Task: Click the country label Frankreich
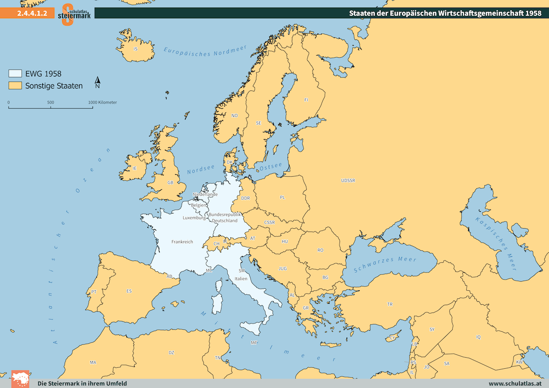[x=182, y=242]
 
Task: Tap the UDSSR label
[x=347, y=181]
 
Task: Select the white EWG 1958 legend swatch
[x=15, y=74]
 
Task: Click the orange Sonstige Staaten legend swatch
[x=15, y=86]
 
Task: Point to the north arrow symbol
[x=97, y=82]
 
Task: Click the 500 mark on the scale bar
[x=51, y=103]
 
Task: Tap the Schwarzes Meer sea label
[x=385, y=264]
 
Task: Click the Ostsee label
[x=271, y=166]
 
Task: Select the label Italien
[x=241, y=279]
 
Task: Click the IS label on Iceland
[x=135, y=49]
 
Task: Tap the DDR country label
[x=245, y=198]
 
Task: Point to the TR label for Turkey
[x=390, y=304]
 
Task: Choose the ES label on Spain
[x=129, y=291]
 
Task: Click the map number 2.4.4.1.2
[x=32, y=13]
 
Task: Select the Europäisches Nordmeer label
[x=205, y=51]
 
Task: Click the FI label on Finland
[x=306, y=100]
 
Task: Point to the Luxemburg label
[x=194, y=218]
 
